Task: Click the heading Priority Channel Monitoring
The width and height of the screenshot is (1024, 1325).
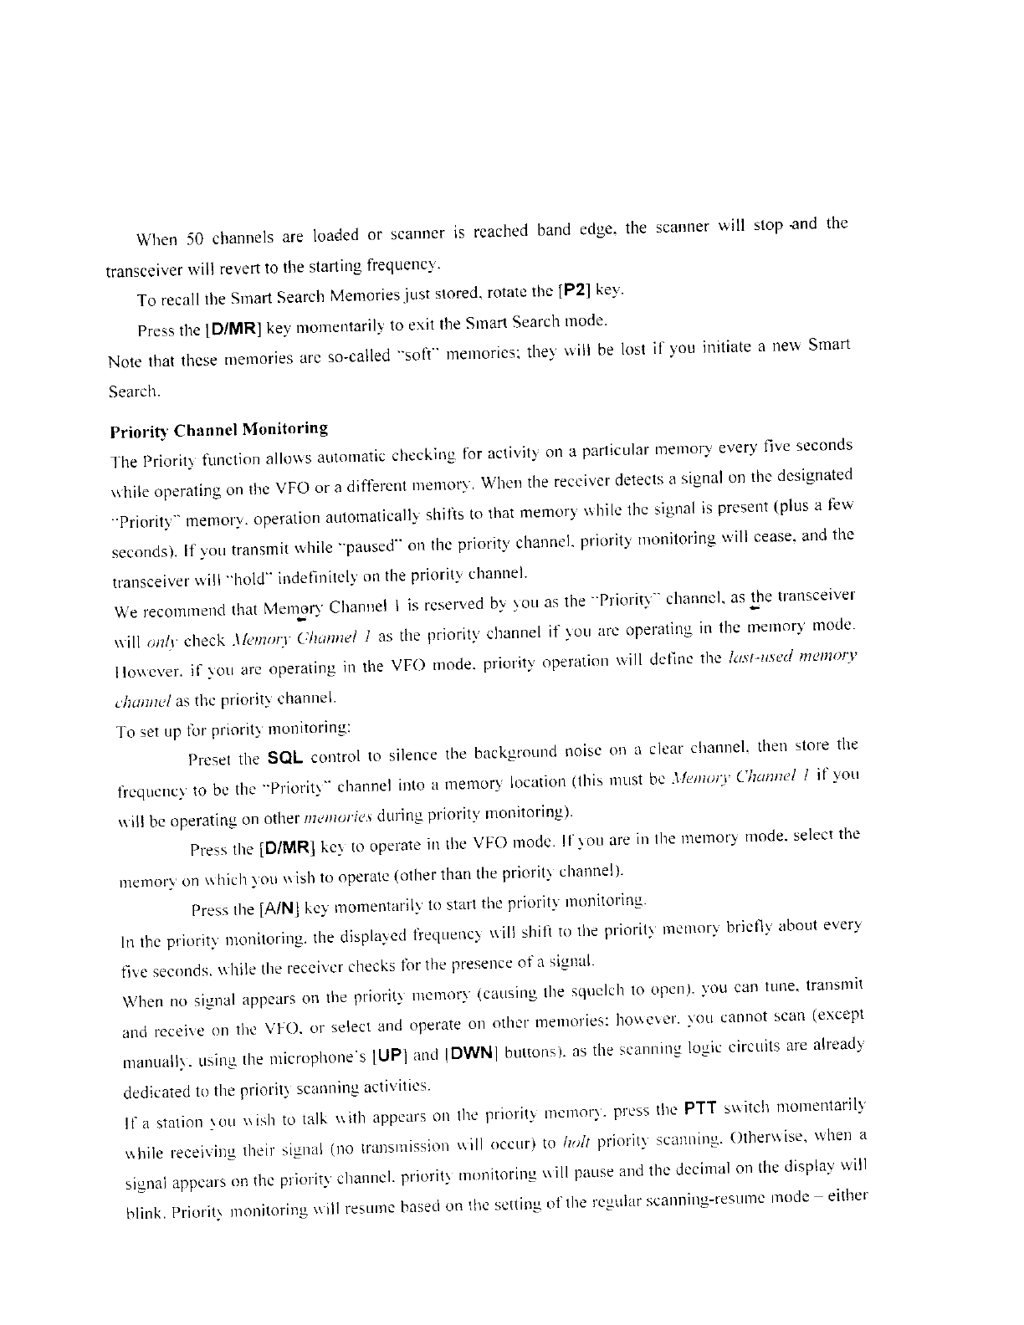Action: [x=218, y=431]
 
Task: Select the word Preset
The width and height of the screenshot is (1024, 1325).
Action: [x=211, y=760]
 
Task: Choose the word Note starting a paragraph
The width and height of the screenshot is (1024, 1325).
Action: [x=125, y=361]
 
